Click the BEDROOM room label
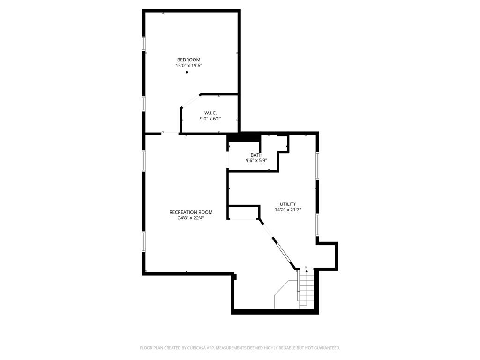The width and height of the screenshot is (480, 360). click(x=188, y=60)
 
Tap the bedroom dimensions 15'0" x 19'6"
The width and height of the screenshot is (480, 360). click(x=188, y=66)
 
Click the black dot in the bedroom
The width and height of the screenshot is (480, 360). click(x=187, y=72)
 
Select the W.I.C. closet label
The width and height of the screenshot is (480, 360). click(x=210, y=112)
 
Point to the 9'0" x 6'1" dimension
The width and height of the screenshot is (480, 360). click(x=210, y=119)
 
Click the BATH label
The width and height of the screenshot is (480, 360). click(x=256, y=155)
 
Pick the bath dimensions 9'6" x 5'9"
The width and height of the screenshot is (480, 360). click(x=256, y=161)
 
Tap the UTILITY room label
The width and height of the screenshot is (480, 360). click(x=288, y=204)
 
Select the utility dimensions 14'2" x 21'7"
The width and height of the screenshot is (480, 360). click(x=288, y=210)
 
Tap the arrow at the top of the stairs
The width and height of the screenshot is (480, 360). click(x=306, y=269)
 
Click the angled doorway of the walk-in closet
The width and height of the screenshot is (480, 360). click(x=190, y=101)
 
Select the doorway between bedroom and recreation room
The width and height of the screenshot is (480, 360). click(x=170, y=133)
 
